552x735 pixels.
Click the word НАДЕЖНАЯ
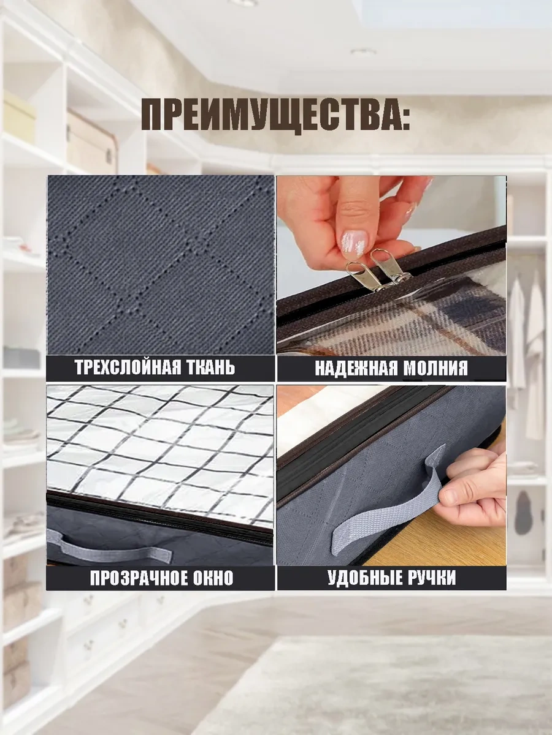click(x=356, y=368)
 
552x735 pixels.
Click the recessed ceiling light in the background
click(x=363, y=52)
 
